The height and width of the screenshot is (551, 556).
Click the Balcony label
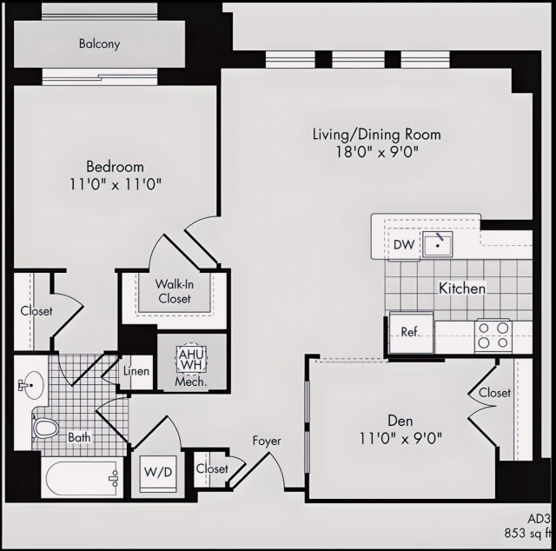coord(99,43)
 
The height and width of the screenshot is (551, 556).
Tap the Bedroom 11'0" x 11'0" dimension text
coord(116,184)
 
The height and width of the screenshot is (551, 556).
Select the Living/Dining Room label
coord(376,135)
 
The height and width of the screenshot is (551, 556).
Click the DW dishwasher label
coord(404,245)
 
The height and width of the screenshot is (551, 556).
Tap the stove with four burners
coord(493,335)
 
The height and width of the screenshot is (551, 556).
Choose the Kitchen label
coord(461,288)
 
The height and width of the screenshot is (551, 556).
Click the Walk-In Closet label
coord(174,292)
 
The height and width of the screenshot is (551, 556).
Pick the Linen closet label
coord(137,371)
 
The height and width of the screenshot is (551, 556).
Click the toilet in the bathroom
coord(44,428)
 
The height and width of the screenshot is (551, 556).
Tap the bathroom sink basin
coord(34,382)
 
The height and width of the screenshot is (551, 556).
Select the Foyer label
coord(267,441)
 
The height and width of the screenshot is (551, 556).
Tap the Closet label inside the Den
coord(494,393)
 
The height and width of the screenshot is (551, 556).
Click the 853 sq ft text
coord(527,532)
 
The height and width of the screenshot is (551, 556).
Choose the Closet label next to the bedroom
coord(36,310)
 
